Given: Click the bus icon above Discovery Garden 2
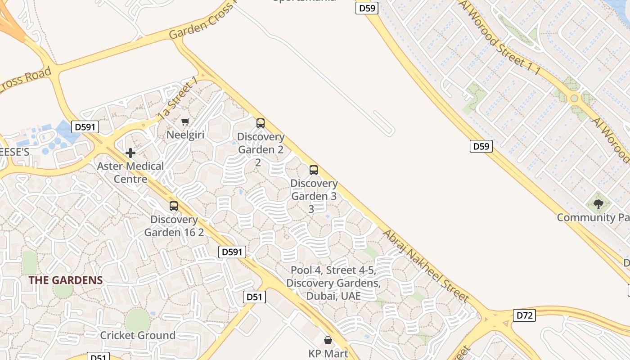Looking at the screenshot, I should [x=260, y=123].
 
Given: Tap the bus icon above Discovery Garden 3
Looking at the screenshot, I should [x=314, y=170].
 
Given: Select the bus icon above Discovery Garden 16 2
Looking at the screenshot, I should [x=174, y=206].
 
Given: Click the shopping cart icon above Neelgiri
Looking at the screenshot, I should [x=185, y=121].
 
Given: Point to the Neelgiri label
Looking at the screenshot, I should [x=186, y=135].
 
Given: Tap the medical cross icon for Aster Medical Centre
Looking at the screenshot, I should [x=130, y=153].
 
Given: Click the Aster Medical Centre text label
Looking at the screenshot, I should [x=130, y=172].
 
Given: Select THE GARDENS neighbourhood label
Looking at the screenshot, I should [x=66, y=280].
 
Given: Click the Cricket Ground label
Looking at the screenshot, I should [x=138, y=335].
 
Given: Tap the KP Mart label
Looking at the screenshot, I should [x=328, y=353].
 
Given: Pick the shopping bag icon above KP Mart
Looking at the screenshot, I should [x=328, y=340].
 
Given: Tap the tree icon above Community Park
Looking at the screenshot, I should [x=598, y=205].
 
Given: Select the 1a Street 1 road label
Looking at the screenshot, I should [x=178, y=98].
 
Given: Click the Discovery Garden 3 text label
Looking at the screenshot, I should [x=314, y=196].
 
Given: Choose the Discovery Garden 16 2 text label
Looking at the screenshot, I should [x=174, y=226].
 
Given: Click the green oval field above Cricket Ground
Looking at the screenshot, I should [x=137, y=320].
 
